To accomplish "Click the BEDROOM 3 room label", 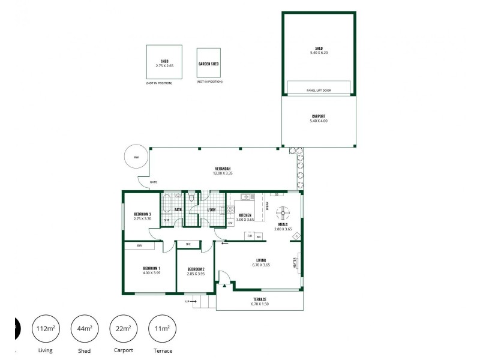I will tap(142, 214).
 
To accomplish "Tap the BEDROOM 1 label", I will tap(151, 268).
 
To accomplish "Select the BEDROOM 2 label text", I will tap(196, 269).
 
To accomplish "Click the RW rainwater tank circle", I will tap(136, 157).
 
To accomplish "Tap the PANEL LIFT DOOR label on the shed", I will tap(318, 91).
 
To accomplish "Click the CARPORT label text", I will tap(318, 116).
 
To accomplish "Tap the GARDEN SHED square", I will tap(208, 62).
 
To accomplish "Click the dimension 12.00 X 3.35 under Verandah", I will tap(223, 173).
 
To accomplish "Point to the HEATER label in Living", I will tap(295, 262).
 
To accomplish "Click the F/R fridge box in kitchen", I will tap(250, 236).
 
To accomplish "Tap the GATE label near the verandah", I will tap(153, 182).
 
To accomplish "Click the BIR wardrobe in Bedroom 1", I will tap(139, 245).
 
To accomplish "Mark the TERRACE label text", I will tap(259, 299).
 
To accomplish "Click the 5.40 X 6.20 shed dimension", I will tap(318, 53).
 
